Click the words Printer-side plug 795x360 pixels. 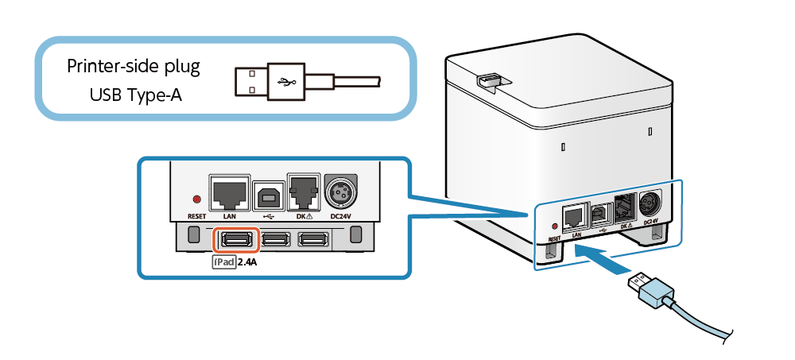133,67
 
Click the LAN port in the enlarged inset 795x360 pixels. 230,192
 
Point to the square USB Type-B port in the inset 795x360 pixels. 268,195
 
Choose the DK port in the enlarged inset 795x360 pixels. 304,192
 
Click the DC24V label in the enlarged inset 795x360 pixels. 340,215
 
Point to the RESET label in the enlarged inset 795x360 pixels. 196,215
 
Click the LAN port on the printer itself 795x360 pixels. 573,217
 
